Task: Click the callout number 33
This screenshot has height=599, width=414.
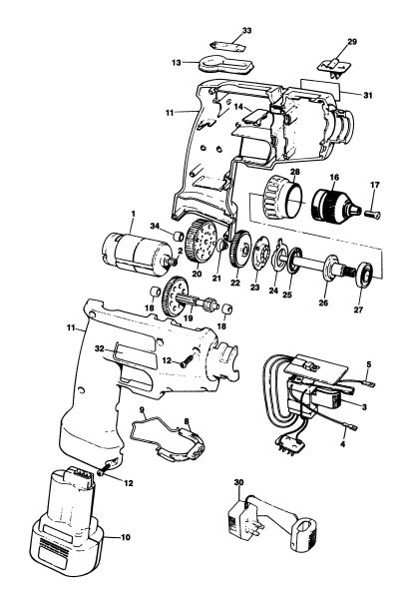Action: coord(246,30)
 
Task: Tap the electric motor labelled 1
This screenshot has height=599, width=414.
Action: coord(136,254)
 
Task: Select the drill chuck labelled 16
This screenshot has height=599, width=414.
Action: coord(335,205)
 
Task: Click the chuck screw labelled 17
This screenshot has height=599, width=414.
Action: coord(373,215)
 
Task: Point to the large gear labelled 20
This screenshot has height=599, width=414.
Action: coord(201,242)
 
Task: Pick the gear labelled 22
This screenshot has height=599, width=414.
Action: coord(240,251)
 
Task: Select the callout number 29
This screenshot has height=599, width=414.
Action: coord(352,42)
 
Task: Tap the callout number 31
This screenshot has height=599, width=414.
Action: coord(367,95)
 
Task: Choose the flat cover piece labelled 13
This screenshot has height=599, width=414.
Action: coord(225,66)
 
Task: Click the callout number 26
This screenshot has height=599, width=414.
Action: coord(323,302)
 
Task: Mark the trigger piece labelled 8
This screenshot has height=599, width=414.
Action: coord(192,443)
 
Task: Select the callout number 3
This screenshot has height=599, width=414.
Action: coord(364,407)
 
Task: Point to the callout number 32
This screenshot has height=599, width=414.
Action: coord(99,348)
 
